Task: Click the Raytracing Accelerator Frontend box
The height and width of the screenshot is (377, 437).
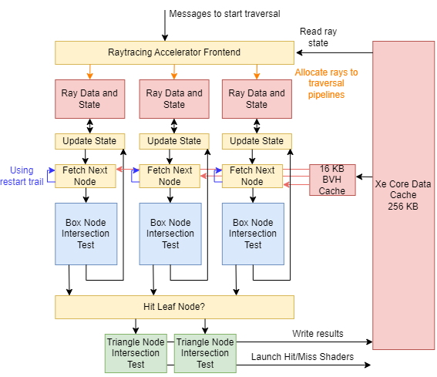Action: [174, 52]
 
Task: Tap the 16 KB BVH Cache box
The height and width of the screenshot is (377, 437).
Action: [332, 180]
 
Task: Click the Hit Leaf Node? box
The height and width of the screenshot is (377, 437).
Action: [174, 307]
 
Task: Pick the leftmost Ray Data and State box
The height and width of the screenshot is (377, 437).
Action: [89, 99]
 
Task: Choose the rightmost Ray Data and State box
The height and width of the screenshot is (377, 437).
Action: [257, 99]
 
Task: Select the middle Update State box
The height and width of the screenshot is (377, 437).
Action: [174, 141]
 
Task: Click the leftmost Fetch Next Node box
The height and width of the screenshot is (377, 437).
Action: [86, 176]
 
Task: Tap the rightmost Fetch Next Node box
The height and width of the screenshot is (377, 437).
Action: [253, 176]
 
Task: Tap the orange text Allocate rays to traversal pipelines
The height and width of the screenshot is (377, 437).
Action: [326, 83]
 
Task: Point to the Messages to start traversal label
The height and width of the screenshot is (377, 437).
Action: [224, 14]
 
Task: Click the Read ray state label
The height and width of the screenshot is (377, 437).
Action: [318, 37]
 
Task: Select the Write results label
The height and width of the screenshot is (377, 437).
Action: [318, 333]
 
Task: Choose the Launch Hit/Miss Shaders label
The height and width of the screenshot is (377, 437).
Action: [301, 356]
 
